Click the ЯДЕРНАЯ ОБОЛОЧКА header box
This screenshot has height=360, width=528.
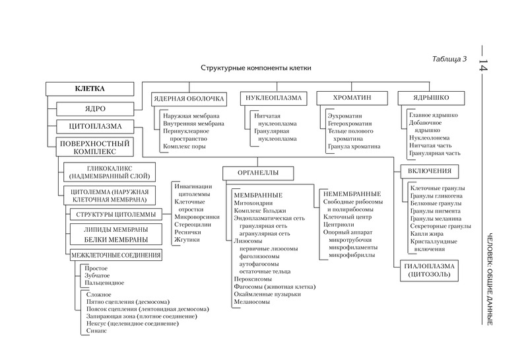coord(189,98)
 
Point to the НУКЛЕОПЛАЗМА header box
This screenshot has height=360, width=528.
coord(273,98)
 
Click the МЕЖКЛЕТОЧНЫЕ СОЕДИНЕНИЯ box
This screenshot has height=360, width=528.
coord(115,255)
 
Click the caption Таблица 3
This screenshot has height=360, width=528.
coord(449,59)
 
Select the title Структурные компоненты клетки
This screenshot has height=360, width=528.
coord(256,68)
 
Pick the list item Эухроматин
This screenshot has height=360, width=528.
coord(345,116)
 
